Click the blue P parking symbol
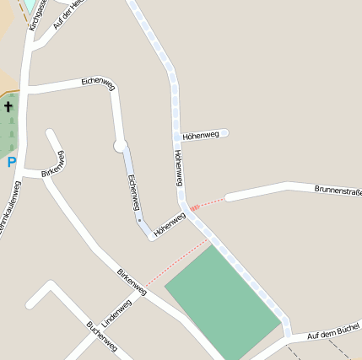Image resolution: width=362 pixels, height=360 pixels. coord(11,162)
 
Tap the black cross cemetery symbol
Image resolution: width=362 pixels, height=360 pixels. coord(8,107)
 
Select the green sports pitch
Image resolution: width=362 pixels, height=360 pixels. coord(222,298)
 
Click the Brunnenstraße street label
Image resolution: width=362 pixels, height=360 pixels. coord(338,191)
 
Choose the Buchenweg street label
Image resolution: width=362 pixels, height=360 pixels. coord(102,335)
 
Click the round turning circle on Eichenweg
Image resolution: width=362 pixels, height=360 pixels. coord(120,146)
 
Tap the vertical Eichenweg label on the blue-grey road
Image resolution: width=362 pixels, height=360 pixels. coord(131,192)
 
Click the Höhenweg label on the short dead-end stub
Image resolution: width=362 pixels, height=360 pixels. coord(201,134)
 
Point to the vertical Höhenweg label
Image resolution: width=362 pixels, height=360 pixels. coord(178,168)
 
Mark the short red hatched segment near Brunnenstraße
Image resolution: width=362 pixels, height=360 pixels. coord(195,207)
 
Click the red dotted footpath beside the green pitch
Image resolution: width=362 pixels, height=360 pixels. coord(178,264)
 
